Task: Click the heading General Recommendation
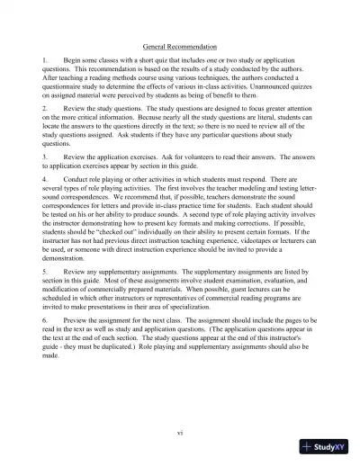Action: click(180, 46)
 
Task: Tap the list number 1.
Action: click(45, 59)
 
